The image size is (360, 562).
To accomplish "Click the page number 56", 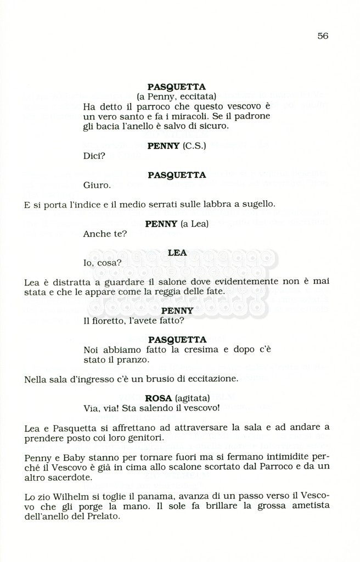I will click(x=322, y=36).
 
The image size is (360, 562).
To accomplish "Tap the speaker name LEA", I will click(x=177, y=253).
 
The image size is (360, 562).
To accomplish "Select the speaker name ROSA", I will click(x=159, y=398).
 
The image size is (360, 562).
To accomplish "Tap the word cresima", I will click(x=198, y=350).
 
